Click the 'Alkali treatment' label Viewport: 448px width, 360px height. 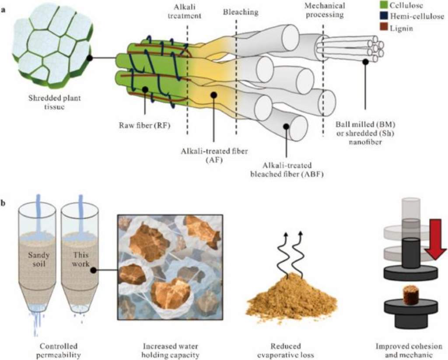tap(187, 11)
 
